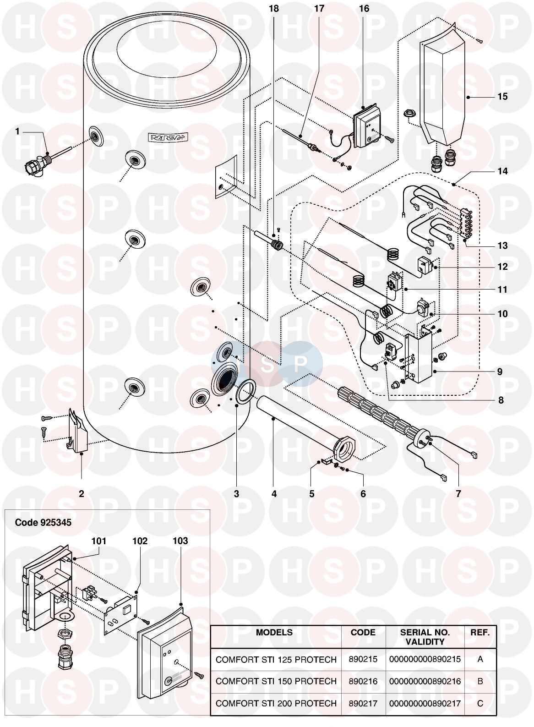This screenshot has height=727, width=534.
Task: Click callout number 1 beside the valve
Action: (18, 131)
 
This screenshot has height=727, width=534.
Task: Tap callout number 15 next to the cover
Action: (502, 97)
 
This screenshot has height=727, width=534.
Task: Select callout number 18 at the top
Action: (274, 9)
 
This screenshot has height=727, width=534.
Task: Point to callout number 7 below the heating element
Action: (458, 493)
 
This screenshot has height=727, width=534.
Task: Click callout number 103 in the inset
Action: (180, 541)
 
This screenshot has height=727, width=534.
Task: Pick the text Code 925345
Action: (44, 522)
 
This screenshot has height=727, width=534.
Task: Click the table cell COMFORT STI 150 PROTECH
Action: (276, 681)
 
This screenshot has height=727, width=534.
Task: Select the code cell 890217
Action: (364, 703)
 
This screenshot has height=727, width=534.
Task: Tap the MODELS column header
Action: (274, 633)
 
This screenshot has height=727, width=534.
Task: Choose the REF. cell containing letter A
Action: (480, 659)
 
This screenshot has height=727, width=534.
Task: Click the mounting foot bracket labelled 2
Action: (78, 430)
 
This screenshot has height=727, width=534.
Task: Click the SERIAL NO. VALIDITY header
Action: (425, 637)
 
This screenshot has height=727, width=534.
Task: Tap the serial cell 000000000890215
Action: (425, 659)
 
